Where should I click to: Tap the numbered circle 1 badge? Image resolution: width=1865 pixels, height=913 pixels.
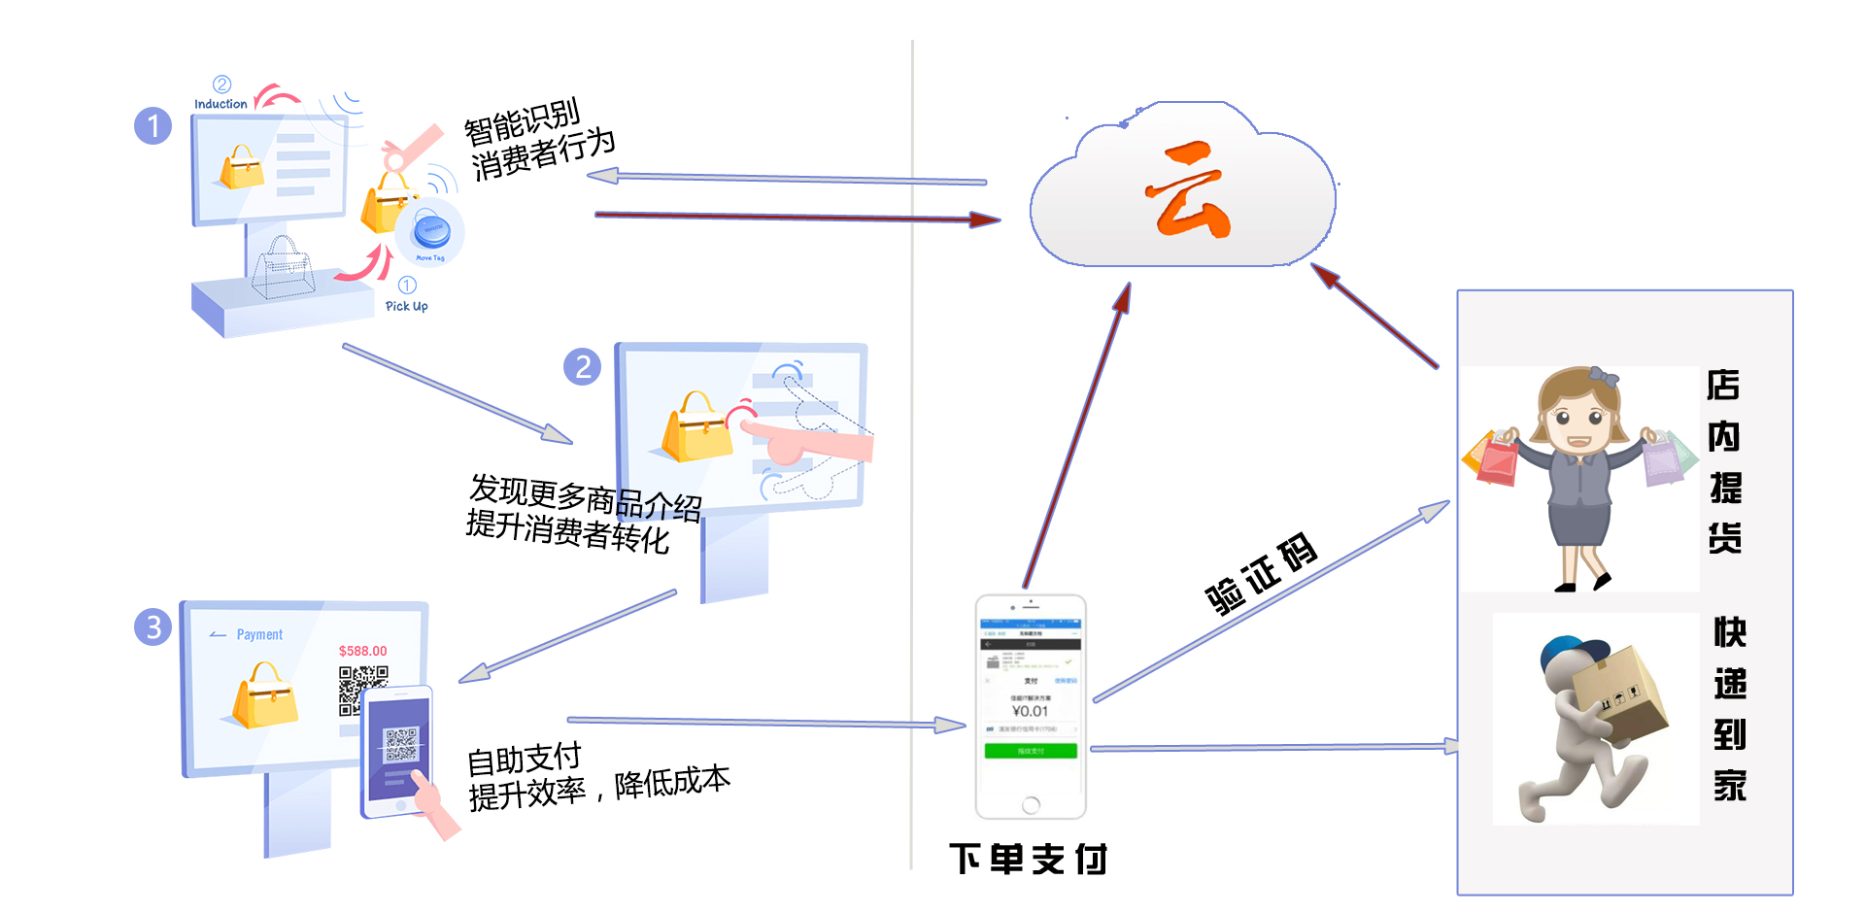[153, 125]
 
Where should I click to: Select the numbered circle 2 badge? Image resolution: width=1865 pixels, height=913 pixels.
[582, 366]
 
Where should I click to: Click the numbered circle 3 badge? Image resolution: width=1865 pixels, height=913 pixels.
[153, 627]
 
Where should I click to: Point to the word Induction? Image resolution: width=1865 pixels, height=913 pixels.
[220, 104]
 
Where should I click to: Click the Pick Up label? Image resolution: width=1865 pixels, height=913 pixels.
[406, 306]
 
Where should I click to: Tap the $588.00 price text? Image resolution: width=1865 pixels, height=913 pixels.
[362, 651]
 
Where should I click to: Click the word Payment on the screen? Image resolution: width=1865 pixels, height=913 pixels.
[259, 634]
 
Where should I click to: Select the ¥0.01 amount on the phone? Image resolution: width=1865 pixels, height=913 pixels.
[1030, 711]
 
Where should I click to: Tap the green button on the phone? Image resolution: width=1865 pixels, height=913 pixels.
[1031, 751]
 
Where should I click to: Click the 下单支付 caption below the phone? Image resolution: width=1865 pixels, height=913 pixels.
[1029, 859]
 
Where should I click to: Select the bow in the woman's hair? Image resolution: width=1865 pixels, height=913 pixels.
[1603, 376]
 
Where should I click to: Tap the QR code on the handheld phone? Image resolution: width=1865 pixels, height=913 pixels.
[400, 744]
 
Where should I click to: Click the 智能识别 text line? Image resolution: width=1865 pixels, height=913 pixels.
[522, 121]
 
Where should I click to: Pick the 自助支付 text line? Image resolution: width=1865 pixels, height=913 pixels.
[524, 759]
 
